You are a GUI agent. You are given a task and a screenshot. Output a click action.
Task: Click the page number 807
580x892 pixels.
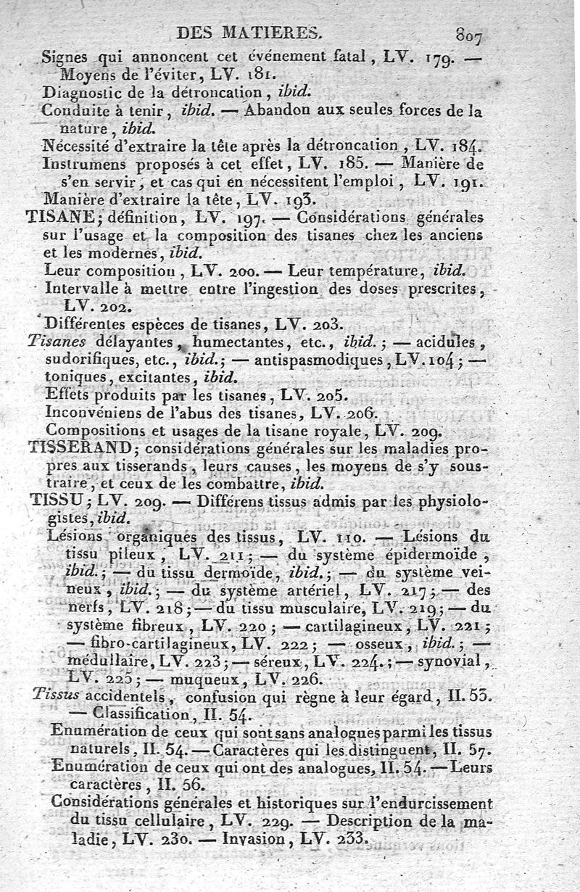point(469,34)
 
